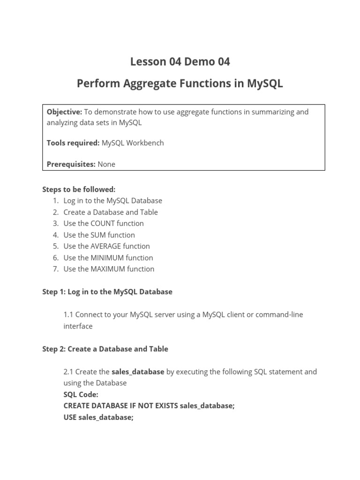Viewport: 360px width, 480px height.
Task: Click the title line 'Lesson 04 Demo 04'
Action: (180, 61)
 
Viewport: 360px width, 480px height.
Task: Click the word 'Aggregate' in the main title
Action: (147, 84)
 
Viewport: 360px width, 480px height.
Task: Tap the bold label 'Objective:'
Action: (64, 112)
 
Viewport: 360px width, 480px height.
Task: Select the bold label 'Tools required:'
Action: (73, 143)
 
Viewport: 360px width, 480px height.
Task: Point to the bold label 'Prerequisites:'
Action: (71, 164)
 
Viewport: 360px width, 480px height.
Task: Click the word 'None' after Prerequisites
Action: (106, 164)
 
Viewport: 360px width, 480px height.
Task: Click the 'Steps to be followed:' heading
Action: (79, 189)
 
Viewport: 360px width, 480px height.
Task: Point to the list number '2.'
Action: (56, 212)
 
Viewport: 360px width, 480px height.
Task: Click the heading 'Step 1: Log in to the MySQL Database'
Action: (107, 292)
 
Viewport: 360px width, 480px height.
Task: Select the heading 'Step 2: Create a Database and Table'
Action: (105, 349)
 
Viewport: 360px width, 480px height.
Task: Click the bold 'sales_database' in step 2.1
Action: (138, 372)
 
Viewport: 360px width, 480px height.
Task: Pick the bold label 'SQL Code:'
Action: (81, 395)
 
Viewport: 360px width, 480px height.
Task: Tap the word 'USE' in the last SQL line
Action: (70, 417)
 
